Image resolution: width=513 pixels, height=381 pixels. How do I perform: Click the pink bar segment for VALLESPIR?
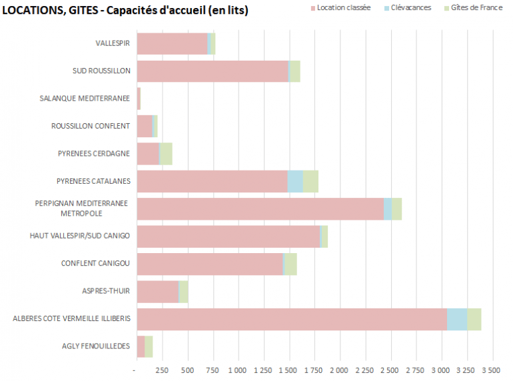[172, 44]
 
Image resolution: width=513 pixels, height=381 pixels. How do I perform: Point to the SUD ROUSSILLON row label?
[101, 71]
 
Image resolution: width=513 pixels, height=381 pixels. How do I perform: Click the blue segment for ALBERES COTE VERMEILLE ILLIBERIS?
[456, 319]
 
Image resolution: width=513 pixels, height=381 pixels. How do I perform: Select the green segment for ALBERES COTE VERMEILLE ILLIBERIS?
[474, 319]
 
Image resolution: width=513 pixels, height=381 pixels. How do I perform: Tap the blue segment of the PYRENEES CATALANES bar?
[295, 181]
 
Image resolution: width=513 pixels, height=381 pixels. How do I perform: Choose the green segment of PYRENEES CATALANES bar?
[310, 181]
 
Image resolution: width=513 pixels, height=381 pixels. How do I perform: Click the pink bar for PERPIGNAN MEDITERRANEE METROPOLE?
[260, 208]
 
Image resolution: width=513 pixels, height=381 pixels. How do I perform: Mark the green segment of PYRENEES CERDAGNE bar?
[166, 154]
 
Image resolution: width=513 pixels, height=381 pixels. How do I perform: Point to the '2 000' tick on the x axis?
[339, 369]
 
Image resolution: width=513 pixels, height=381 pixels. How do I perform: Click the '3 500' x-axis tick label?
[491, 369]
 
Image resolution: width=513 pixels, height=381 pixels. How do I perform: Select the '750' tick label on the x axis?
[213, 369]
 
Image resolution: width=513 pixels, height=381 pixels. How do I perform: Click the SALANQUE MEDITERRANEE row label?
[85, 99]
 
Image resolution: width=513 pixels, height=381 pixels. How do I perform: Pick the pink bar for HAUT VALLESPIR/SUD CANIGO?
[228, 236]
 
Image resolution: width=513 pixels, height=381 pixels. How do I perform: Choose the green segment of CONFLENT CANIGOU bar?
[290, 264]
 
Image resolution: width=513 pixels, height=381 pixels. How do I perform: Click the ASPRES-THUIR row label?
[106, 291]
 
